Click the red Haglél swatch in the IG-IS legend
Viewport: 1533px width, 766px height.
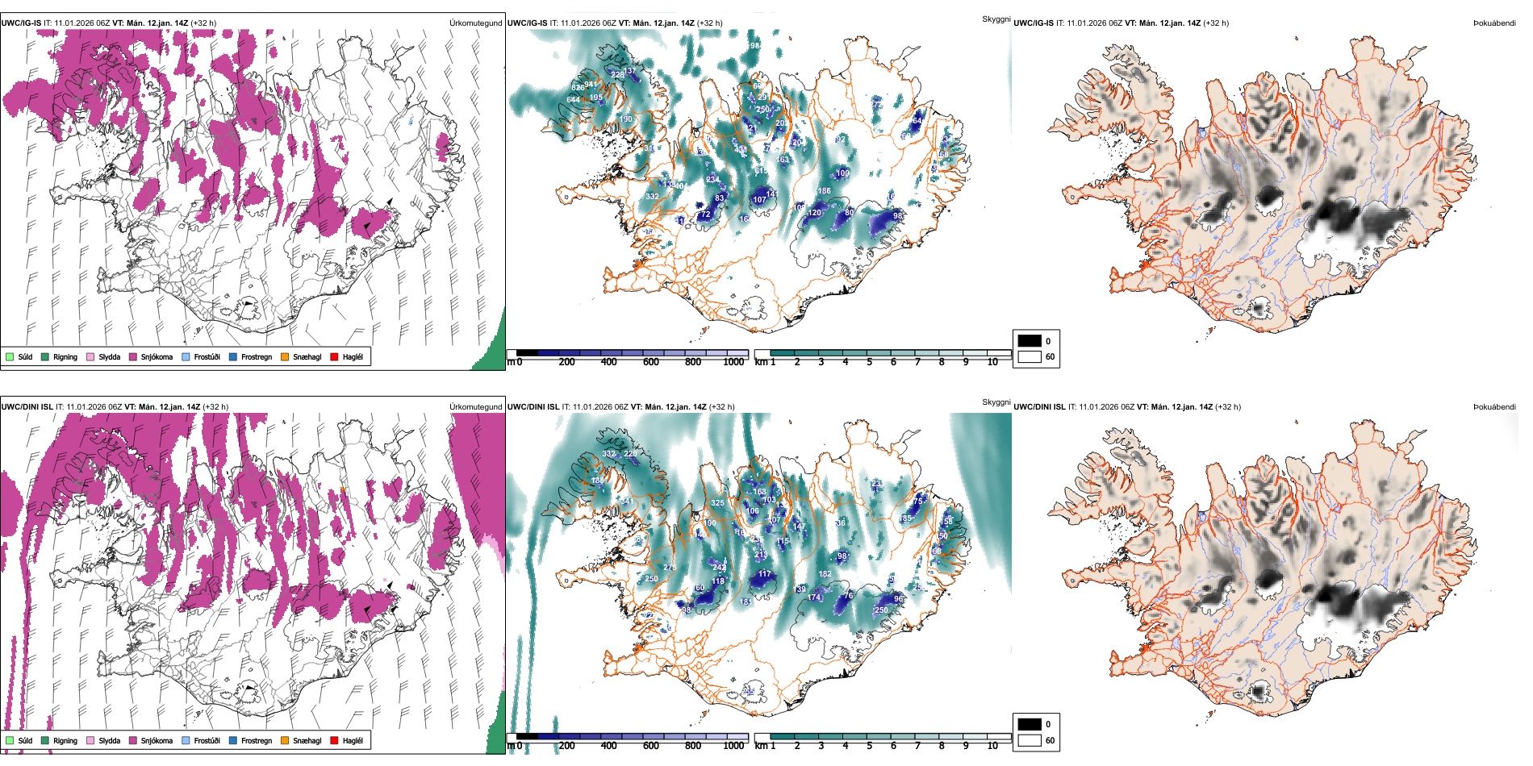click(x=334, y=356)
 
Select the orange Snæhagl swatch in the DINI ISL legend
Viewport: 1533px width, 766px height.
click(x=285, y=740)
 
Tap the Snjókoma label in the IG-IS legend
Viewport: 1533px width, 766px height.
click(x=157, y=356)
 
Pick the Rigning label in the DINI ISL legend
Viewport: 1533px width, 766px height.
click(x=65, y=740)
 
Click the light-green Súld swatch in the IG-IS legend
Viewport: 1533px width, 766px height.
click(x=10, y=356)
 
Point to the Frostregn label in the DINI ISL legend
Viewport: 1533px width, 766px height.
click(x=257, y=740)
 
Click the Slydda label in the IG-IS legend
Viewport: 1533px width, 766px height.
click(x=110, y=356)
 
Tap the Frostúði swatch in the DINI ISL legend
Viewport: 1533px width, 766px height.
click(x=186, y=740)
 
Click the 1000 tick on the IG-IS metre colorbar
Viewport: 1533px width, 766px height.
click(x=733, y=362)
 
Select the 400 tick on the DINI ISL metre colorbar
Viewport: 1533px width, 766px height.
click(x=609, y=746)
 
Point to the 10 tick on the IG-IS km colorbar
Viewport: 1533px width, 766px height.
click(x=992, y=362)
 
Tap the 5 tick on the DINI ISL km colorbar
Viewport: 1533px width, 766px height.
click(x=870, y=746)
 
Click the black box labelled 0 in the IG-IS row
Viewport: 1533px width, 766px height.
click(x=1030, y=340)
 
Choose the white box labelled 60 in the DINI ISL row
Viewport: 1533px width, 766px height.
click(x=1030, y=740)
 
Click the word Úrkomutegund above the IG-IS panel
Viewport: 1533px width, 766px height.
click(x=475, y=23)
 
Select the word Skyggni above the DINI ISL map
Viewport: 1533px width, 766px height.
click(x=996, y=402)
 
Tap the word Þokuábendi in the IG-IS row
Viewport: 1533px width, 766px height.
click(x=1494, y=23)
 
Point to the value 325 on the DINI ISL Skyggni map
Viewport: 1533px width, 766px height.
click(x=717, y=502)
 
